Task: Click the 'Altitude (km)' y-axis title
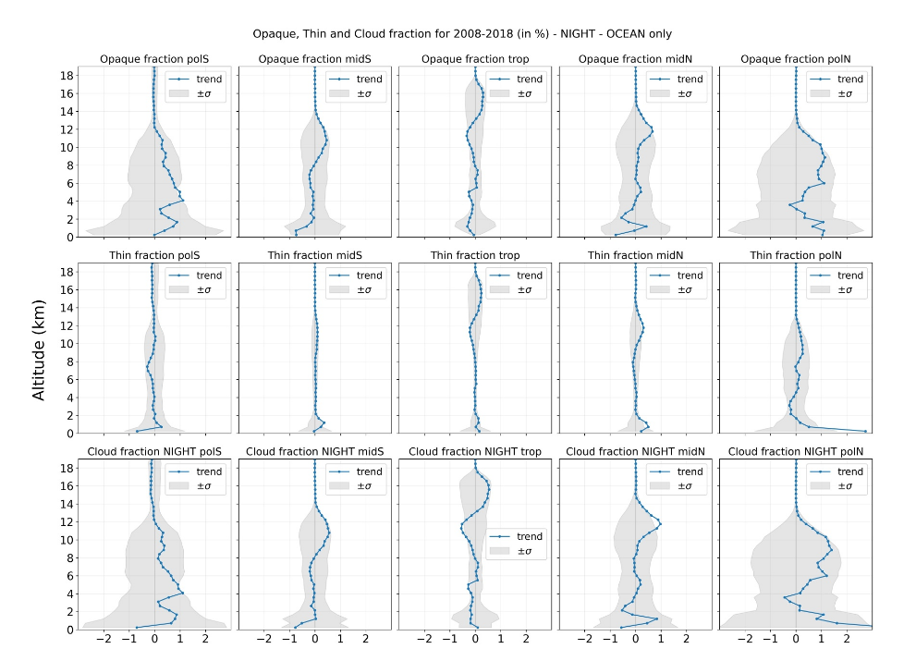(x=39, y=349)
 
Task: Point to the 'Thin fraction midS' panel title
(x=314, y=256)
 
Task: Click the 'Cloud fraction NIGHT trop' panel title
(x=475, y=452)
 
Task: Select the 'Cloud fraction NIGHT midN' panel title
(x=635, y=452)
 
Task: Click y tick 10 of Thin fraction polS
(x=68, y=343)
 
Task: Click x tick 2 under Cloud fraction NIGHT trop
(x=526, y=639)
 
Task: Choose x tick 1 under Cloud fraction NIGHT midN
(x=661, y=639)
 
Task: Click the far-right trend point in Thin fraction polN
(x=865, y=431)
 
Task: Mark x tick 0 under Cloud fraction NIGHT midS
(x=315, y=639)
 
